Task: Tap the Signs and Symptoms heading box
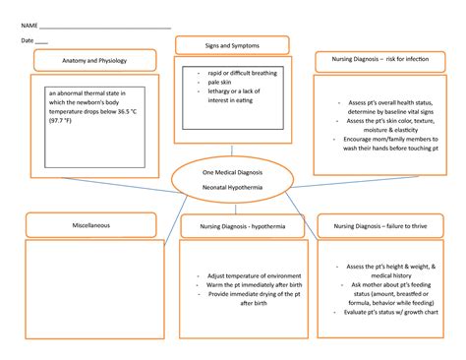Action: point(231,45)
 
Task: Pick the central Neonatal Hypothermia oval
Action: point(231,179)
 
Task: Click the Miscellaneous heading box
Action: point(90,226)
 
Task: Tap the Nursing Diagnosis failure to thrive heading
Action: point(380,226)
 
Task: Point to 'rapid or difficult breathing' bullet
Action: point(241,74)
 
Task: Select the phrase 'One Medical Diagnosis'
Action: point(231,171)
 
